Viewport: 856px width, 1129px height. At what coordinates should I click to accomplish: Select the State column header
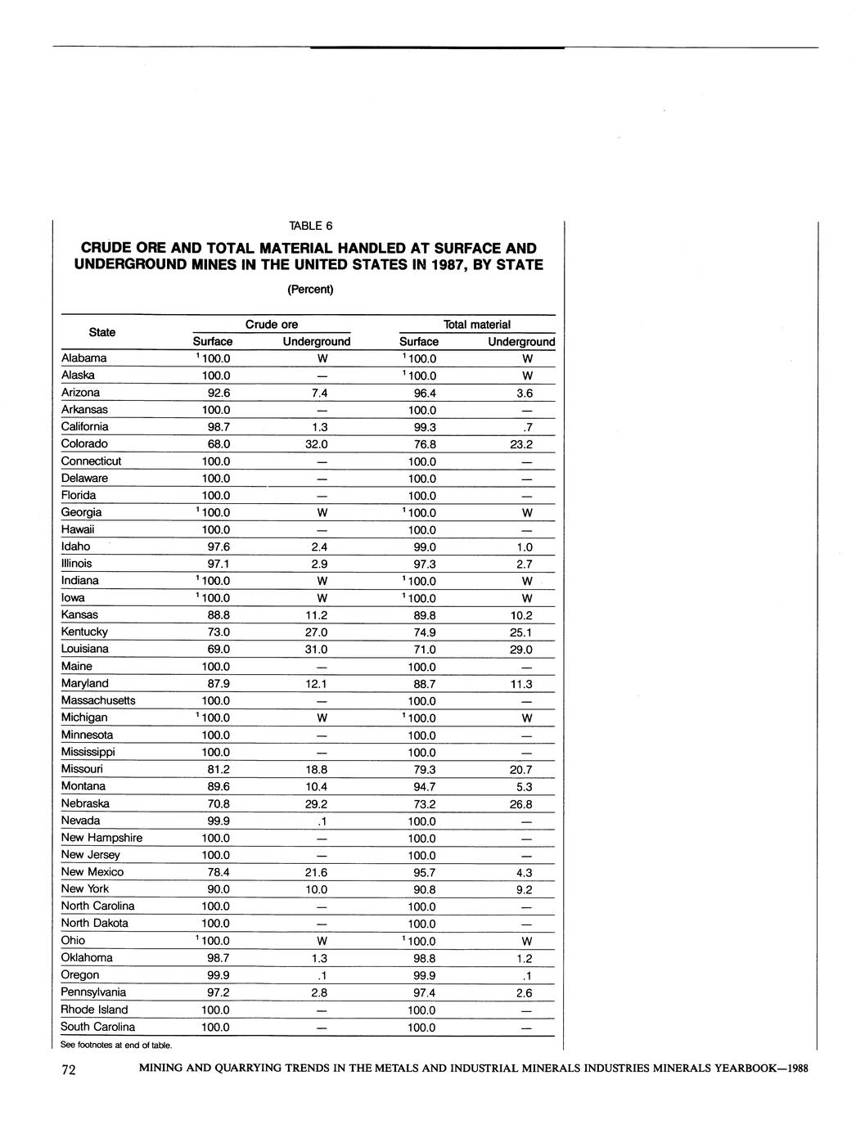click(x=101, y=332)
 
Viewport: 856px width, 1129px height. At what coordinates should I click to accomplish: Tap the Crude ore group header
click(x=272, y=325)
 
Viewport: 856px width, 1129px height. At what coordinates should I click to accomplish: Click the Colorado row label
click(x=84, y=443)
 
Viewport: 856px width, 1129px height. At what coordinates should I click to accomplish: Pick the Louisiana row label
click(x=85, y=649)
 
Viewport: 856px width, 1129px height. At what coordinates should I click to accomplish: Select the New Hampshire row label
click(x=101, y=838)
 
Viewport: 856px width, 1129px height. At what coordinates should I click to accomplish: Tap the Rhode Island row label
click(x=94, y=1010)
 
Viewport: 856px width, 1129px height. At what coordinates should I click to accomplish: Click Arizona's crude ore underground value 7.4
click(x=321, y=393)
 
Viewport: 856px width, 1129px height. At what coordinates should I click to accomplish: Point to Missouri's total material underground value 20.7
click(x=519, y=770)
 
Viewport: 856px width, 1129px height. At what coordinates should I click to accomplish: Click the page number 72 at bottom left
click(x=69, y=1071)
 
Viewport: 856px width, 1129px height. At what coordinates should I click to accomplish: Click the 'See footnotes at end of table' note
click(x=116, y=1045)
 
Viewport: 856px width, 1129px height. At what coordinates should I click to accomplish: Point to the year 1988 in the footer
click(x=793, y=1068)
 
